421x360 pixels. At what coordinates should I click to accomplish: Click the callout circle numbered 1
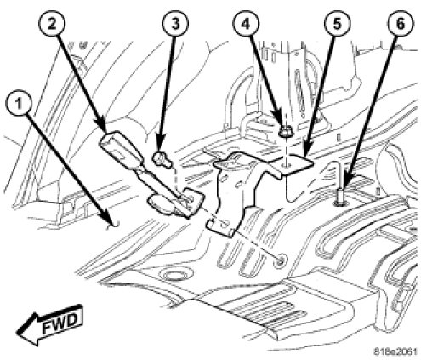coord(19,104)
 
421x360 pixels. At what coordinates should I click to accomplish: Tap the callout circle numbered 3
coord(175,24)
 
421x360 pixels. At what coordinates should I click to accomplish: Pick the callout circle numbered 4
coord(246,24)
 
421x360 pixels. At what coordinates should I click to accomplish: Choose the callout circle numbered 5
coord(337,24)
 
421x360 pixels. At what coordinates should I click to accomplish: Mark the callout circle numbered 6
coord(400,24)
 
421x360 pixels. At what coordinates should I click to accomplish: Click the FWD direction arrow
coord(50,324)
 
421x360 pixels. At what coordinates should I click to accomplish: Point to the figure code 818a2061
coord(395,351)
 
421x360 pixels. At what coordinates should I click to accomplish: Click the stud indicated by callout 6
coord(340,197)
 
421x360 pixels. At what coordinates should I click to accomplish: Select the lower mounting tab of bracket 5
coord(222,226)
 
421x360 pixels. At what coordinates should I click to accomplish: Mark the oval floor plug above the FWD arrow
coord(172,275)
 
